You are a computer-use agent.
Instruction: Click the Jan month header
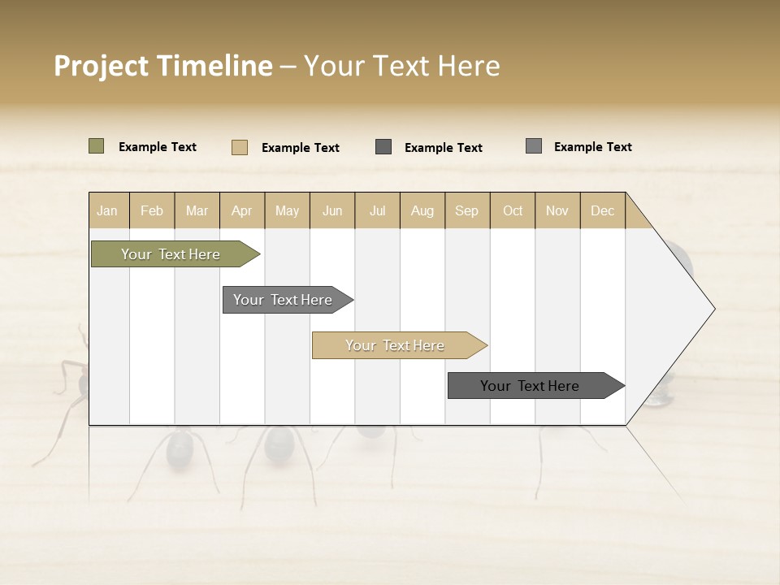click(x=108, y=210)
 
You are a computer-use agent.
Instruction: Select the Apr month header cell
click(x=242, y=210)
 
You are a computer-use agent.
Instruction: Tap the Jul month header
click(x=377, y=210)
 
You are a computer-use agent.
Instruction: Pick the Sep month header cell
click(x=467, y=210)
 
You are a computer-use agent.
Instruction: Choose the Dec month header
click(x=602, y=210)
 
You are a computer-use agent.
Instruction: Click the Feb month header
click(x=152, y=210)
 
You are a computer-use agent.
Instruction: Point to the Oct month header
click(x=513, y=210)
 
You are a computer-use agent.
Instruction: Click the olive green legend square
click(x=96, y=146)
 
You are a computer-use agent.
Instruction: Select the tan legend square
click(x=239, y=147)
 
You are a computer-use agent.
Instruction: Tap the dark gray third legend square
click(x=383, y=147)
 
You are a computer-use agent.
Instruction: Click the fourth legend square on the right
click(x=533, y=146)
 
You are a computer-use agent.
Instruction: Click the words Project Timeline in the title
click(x=162, y=66)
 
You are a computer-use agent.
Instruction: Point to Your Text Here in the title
click(x=401, y=66)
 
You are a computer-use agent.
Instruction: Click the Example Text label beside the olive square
click(x=158, y=147)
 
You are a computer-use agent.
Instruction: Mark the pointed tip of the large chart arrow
click(x=713, y=309)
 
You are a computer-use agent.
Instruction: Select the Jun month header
click(x=332, y=210)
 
